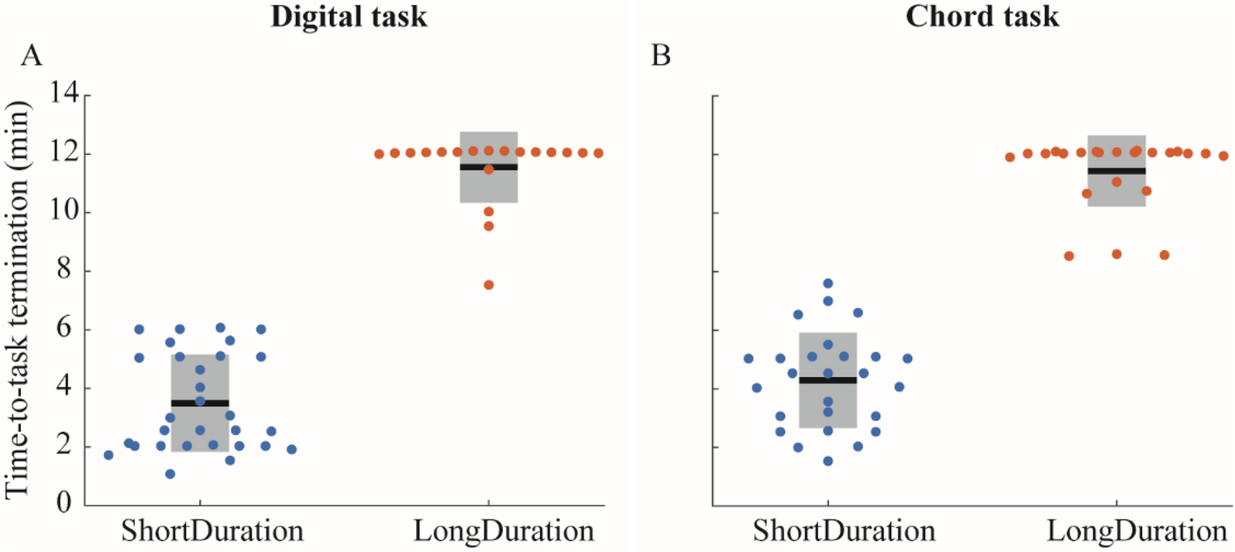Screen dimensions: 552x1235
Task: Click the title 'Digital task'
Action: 349,16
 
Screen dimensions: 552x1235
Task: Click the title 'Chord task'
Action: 982,16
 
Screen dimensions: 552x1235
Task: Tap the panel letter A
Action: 31,56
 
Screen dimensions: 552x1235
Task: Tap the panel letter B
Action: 660,56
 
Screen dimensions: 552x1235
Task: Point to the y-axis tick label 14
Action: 65,94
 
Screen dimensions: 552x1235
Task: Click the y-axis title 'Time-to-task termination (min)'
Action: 17,300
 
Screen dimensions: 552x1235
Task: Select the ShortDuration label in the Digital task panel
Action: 212,531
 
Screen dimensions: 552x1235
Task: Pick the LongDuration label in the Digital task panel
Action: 504,531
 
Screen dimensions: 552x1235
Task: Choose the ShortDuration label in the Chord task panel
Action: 844,531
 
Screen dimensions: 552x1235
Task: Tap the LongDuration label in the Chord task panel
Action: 1137,531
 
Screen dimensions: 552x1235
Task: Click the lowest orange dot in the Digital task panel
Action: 489,285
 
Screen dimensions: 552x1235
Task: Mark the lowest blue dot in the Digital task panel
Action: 170,474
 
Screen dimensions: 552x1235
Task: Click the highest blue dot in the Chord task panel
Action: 827,283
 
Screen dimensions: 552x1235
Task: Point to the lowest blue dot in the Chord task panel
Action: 827,461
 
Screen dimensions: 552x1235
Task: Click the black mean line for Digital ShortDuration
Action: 200,403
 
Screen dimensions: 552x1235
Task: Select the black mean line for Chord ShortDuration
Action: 827,380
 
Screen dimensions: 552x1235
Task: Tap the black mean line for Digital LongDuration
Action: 489,166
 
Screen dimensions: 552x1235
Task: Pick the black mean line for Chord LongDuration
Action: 1116,170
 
